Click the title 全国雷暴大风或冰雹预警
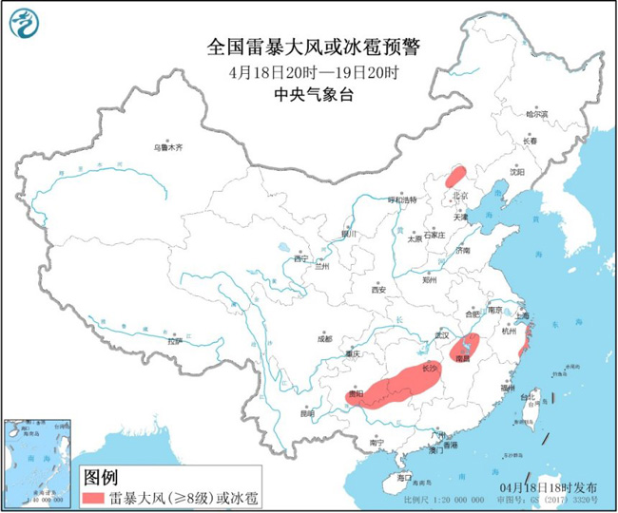315,47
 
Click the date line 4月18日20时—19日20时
315,72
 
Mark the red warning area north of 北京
456,176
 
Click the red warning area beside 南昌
465,347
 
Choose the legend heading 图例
102,476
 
